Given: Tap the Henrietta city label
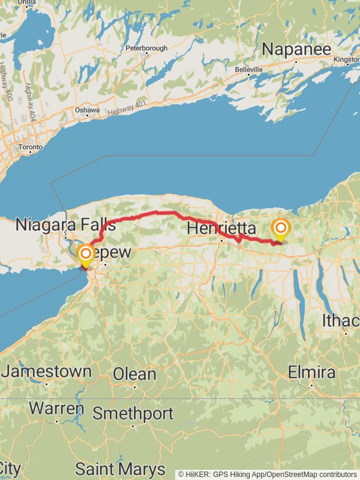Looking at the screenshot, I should pos(221,229).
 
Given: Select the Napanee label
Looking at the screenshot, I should pos(296,49).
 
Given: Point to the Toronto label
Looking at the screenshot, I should pos(30,147).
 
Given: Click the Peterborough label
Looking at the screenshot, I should pos(146,48).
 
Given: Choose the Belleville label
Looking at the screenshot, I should pos(248,70).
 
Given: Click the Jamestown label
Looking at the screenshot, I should pos(46,371).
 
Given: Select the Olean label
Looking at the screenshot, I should pos(134,374).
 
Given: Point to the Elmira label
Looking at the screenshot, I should pos(311,372).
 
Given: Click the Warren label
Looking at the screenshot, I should pos(56,409).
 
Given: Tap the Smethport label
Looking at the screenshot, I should pos(133,413).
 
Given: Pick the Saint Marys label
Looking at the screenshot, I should pos(120,469).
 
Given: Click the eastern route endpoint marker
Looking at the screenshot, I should pos(280,229).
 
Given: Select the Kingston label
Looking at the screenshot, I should pos(346,60).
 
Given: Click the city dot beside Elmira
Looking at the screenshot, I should pos(312,385).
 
